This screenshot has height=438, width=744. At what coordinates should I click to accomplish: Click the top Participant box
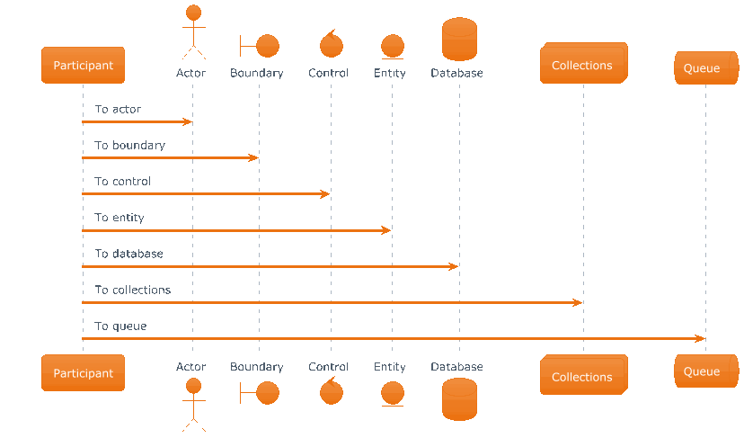pyautogui.click(x=83, y=65)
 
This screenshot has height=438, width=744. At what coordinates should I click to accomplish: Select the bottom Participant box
pyautogui.click(x=83, y=373)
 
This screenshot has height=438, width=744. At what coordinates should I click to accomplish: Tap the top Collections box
pyautogui.click(x=584, y=63)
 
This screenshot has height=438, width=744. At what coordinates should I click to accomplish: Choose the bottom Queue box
pyautogui.click(x=706, y=371)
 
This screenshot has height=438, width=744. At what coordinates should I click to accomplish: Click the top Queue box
pyautogui.click(x=706, y=68)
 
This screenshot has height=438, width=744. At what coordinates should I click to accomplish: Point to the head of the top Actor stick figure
pyautogui.click(x=193, y=13)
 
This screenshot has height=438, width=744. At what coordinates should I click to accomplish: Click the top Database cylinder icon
pyautogui.click(x=459, y=39)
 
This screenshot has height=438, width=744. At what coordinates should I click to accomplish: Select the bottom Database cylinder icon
pyautogui.click(x=459, y=399)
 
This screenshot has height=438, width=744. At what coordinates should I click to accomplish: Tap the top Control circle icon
pyautogui.click(x=332, y=45)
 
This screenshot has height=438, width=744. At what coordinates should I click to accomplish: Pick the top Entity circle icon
pyautogui.click(x=393, y=46)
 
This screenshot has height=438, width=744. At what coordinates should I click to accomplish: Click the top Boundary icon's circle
pyautogui.click(x=268, y=46)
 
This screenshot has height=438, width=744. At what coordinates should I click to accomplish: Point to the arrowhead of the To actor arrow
pyautogui.click(x=188, y=122)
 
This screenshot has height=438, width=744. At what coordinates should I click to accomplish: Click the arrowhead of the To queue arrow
pyautogui.click(x=700, y=339)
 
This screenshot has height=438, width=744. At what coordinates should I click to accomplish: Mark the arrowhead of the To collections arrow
pyautogui.click(x=578, y=302)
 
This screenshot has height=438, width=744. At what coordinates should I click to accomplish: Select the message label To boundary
pyautogui.click(x=129, y=146)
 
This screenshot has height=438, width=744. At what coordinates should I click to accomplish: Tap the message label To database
pyautogui.click(x=129, y=254)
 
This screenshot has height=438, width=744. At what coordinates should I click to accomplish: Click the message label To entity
pyautogui.click(x=120, y=218)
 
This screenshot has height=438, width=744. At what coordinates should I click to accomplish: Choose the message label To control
pyautogui.click(x=122, y=182)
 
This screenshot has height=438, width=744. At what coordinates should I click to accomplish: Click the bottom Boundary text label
pyautogui.click(x=257, y=367)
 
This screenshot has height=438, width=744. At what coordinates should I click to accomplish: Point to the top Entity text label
pyautogui.click(x=390, y=73)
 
